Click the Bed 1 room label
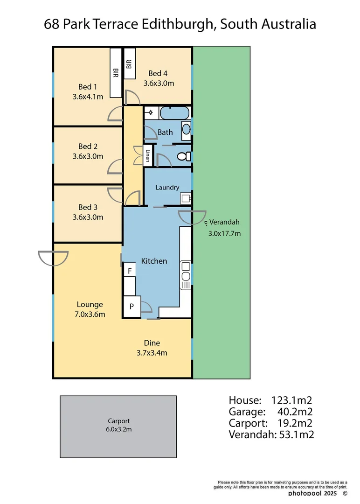pyautogui.click(x=88, y=87)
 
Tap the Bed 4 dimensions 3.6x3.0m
pyautogui.click(x=159, y=84)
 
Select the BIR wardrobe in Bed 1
pyautogui.click(x=116, y=73)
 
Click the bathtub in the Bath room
pyautogui.click(x=174, y=113)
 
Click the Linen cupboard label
pyautogui.click(x=148, y=156)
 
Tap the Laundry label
pyautogui.click(x=167, y=188)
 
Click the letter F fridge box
pyautogui.click(x=130, y=271)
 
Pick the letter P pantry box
pyautogui.click(x=132, y=307)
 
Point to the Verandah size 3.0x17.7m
pyautogui.click(x=224, y=233)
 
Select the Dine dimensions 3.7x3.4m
pyautogui.click(x=152, y=353)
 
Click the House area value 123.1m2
pyautogui.click(x=291, y=400)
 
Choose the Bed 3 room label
pyautogui.click(x=88, y=207)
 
